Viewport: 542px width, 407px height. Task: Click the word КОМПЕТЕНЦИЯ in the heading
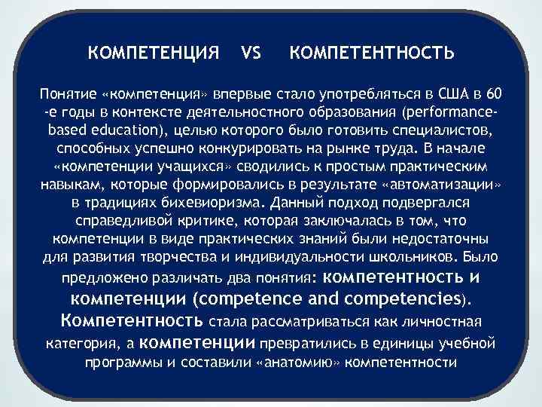pos(154,54)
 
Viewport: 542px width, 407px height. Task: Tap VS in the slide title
pos(251,54)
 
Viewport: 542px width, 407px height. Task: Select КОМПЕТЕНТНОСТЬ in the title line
pos(371,54)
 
